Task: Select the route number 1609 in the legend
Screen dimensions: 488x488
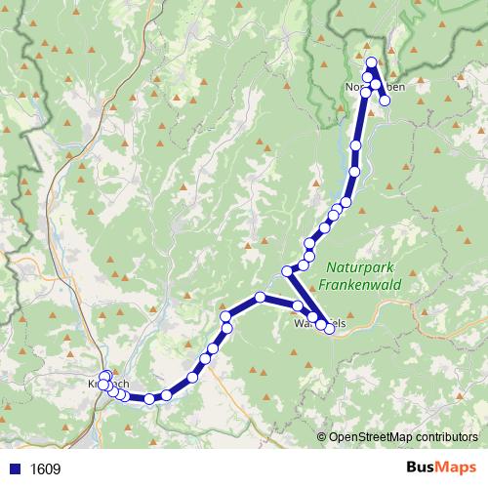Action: [45, 468]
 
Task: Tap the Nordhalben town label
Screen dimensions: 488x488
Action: [375, 87]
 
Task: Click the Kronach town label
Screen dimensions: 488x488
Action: [108, 384]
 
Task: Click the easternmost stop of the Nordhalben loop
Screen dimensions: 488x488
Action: [385, 100]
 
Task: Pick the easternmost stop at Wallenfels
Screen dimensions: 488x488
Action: [330, 329]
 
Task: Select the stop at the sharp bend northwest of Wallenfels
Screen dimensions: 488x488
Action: [287, 270]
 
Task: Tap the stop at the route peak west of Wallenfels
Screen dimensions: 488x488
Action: [260, 297]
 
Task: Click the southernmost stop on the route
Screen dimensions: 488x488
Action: [149, 398]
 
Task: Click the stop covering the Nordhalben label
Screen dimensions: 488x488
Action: [367, 88]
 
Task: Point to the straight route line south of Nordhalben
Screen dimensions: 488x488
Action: [358, 122]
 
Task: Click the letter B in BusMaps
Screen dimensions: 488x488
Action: [413, 468]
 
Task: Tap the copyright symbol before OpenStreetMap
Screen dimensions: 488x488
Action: [322, 437]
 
